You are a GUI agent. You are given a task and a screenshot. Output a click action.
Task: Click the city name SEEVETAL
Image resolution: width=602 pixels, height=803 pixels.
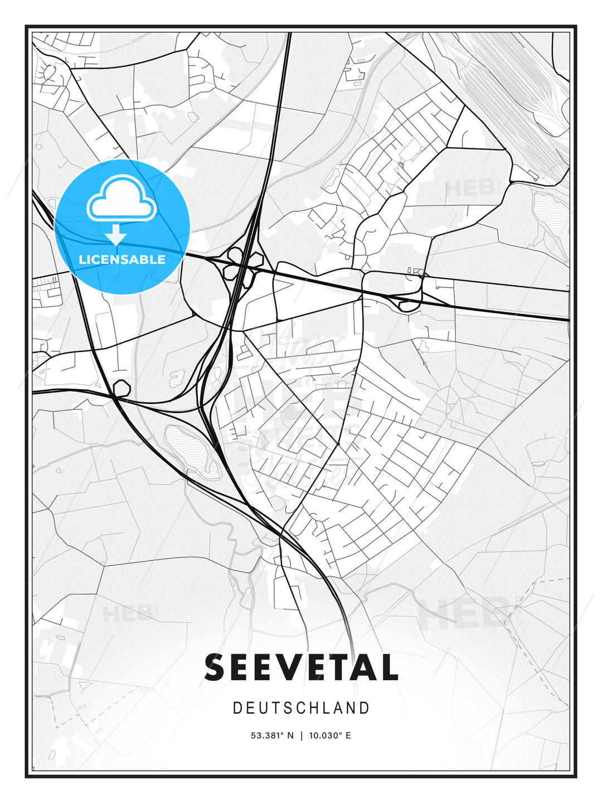(x=301, y=667)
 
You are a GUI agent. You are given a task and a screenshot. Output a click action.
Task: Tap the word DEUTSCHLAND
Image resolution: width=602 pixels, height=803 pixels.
(x=301, y=708)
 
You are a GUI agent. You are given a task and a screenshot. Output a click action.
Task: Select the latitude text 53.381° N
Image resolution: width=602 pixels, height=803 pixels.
(x=272, y=736)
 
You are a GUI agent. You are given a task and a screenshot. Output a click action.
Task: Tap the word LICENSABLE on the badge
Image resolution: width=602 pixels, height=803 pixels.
(x=122, y=259)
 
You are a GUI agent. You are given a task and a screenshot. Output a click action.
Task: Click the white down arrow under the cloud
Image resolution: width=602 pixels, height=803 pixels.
(x=116, y=235)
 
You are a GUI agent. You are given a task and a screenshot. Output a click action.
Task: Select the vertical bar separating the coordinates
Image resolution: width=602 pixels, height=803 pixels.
(x=301, y=736)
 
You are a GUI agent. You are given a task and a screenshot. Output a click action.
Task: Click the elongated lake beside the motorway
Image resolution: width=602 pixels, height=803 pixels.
(x=192, y=449)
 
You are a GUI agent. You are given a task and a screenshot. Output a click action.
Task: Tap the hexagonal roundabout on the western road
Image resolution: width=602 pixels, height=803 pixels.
(x=122, y=388)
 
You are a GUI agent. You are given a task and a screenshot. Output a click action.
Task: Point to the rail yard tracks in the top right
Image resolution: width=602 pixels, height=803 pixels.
(x=513, y=95)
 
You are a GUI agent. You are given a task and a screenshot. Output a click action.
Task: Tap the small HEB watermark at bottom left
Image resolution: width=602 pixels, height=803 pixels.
(x=128, y=613)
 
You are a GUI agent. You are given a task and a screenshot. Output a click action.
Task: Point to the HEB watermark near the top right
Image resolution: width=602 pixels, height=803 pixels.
(x=471, y=187)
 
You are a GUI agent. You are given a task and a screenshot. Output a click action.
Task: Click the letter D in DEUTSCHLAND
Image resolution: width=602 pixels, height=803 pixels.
(x=237, y=708)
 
